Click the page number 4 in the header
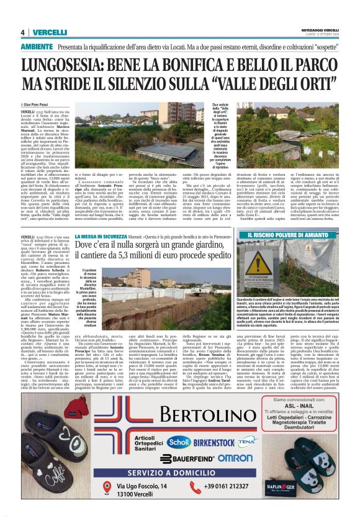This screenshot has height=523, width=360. (x=23, y=32)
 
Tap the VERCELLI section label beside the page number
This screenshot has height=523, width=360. (x=50, y=32)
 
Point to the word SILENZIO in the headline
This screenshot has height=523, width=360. (x=163, y=84)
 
